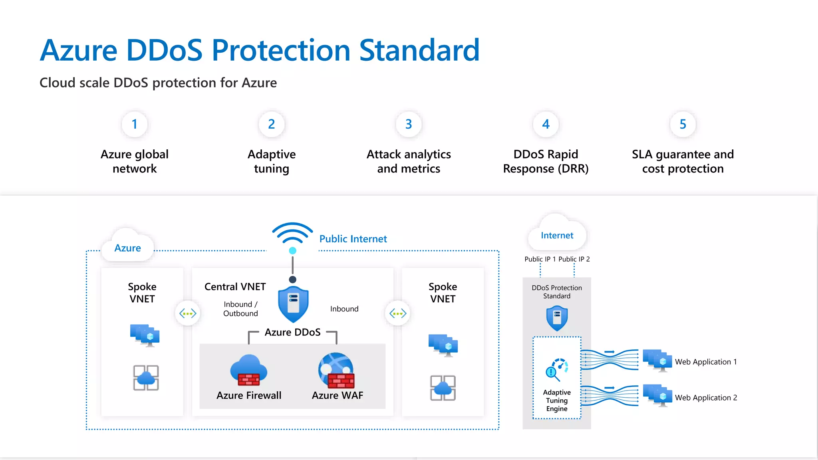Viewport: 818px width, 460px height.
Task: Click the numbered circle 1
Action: click(135, 124)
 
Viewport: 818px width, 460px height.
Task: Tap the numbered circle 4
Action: click(546, 124)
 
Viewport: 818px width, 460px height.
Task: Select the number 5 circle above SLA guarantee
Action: click(683, 124)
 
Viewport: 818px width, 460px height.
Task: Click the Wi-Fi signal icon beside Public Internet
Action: click(292, 234)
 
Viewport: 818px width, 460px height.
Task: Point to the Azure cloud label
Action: click(127, 248)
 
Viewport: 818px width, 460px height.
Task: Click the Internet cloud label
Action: click(557, 236)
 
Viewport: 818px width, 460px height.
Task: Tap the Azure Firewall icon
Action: click(248, 370)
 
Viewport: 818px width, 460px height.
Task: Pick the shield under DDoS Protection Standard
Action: click(557, 318)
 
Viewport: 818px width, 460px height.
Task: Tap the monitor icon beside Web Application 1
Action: click(657, 361)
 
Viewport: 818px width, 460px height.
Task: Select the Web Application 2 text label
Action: click(706, 398)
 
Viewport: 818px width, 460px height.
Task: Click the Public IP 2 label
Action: click(574, 259)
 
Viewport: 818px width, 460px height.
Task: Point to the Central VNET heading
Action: click(235, 287)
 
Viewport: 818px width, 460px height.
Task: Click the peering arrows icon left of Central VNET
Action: click(188, 313)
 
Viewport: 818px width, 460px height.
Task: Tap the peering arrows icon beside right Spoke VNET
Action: click(398, 313)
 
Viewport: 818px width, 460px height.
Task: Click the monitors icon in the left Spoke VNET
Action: click(145, 335)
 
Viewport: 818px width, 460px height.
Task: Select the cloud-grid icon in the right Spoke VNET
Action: click(443, 388)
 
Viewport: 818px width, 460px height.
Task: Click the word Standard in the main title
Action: click(419, 50)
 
